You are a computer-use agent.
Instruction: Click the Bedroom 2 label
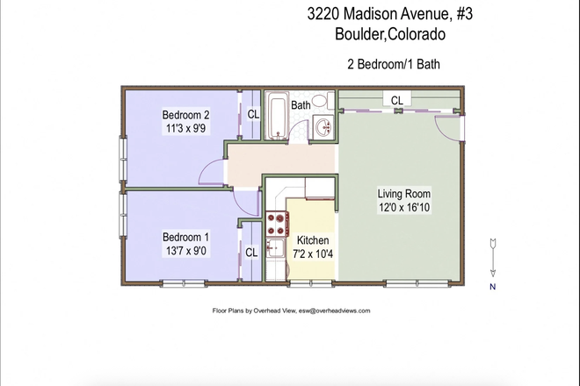(185, 115)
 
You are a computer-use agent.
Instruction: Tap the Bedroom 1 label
(185, 237)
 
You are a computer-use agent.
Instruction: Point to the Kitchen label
(313, 240)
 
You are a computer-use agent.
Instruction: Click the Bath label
(301, 104)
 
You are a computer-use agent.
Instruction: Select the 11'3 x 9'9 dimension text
(185, 128)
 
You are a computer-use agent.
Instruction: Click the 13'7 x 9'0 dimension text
(185, 250)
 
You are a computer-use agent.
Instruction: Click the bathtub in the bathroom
(278, 117)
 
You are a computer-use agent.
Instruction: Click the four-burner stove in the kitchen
(277, 222)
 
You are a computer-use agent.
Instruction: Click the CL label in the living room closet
(397, 100)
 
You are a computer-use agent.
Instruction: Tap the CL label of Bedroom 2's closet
(252, 114)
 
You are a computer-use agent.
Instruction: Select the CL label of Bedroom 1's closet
(251, 253)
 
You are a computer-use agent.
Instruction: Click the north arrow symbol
(493, 256)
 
